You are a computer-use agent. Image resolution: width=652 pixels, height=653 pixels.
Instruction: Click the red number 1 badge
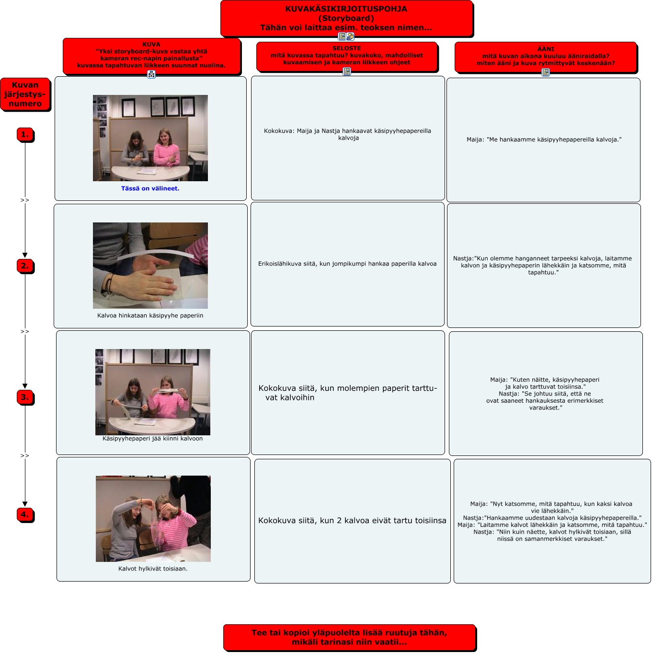(x=25, y=135)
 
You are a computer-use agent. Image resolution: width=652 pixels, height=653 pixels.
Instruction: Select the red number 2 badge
(x=25, y=266)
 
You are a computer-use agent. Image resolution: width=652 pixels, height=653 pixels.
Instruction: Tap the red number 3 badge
(x=25, y=397)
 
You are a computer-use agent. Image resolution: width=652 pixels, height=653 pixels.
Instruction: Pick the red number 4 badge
(x=25, y=514)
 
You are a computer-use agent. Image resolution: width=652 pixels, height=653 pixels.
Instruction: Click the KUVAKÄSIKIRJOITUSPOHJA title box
(x=346, y=18)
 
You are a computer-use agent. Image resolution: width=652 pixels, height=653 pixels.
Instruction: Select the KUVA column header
(x=151, y=55)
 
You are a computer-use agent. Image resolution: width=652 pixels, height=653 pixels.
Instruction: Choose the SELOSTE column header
(x=346, y=55)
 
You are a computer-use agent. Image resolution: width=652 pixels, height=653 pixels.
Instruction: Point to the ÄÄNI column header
(x=546, y=56)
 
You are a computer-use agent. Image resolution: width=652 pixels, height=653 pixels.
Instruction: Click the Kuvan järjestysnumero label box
(x=25, y=94)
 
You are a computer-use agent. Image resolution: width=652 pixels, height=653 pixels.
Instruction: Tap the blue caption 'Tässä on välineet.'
(x=150, y=188)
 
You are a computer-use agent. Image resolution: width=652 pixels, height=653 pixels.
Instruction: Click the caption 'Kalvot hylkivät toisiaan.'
(x=153, y=569)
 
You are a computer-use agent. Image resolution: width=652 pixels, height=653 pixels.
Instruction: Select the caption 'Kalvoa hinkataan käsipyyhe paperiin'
(x=150, y=315)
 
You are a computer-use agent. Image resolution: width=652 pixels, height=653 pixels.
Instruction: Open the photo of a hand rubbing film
(x=150, y=265)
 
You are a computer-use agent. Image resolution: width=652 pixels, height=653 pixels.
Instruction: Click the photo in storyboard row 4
(x=153, y=518)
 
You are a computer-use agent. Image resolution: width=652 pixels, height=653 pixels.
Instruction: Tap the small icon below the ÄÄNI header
(x=546, y=72)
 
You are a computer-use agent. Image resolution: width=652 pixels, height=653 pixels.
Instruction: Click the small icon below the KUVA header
(x=151, y=74)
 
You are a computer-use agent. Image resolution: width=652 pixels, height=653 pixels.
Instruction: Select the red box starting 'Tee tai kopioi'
(x=349, y=637)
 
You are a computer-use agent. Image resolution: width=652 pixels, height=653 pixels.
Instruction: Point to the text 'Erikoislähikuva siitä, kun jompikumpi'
(x=347, y=264)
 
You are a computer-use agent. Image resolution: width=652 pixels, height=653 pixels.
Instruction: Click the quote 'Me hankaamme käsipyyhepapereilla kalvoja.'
(x=544, y=140)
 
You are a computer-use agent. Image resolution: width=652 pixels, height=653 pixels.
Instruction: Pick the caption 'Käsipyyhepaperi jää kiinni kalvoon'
(x=152, y=438)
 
